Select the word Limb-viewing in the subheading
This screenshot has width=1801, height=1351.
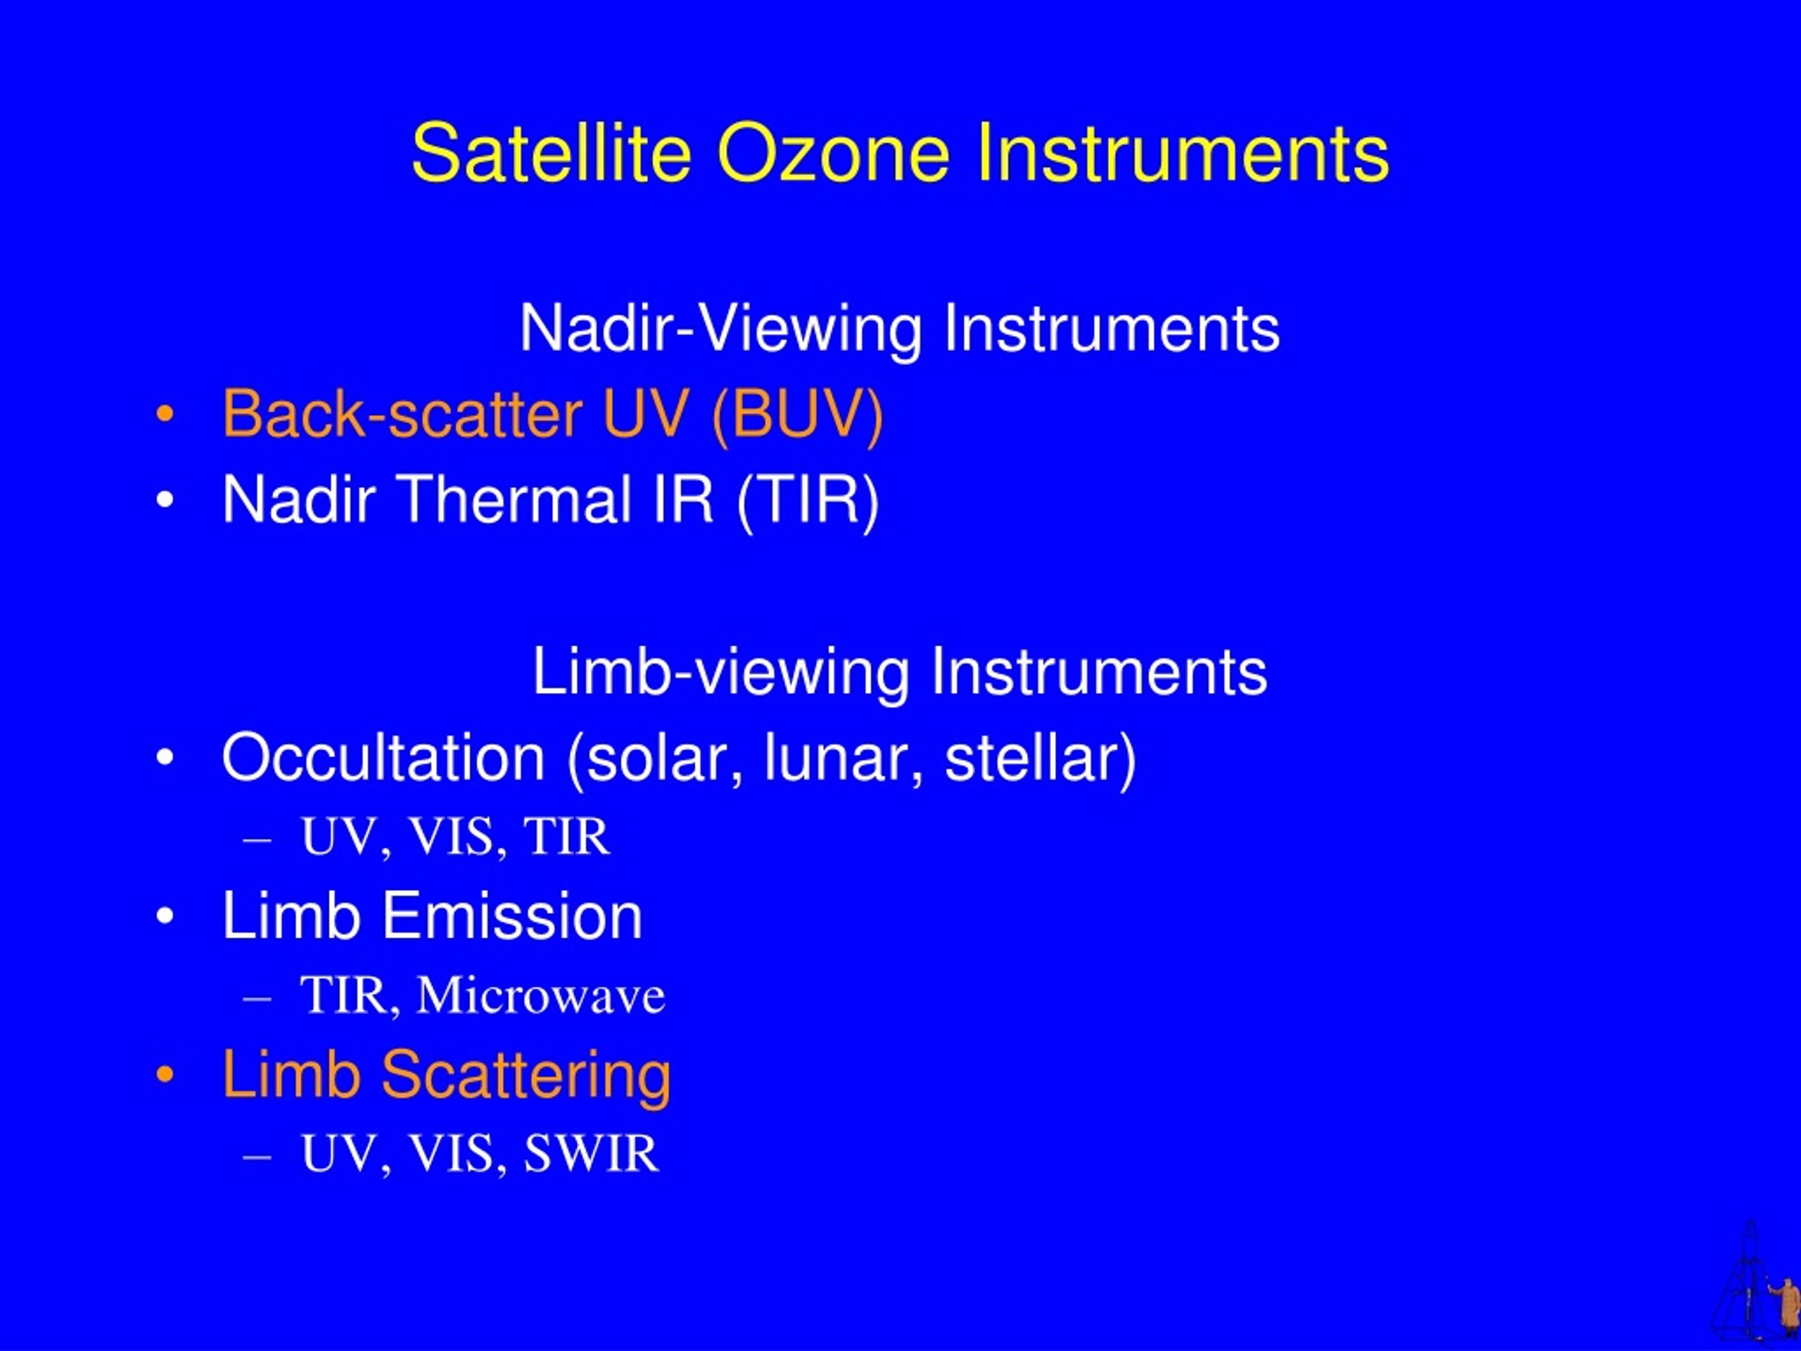(x=720, y=673)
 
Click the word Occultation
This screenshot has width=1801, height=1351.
(x=383, y=758)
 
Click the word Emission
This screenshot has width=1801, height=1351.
(x=512, y=916)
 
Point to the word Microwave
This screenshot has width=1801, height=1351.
(x=540, y=995)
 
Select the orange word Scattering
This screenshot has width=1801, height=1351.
(x=526, y=1077)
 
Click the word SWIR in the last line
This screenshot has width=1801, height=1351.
(x=590, y=1154)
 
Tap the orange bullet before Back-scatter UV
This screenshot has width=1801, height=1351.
(x=165, y=415)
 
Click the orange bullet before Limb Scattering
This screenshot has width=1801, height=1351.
(x=165, y=1075)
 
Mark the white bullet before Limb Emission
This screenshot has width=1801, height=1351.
(x=165, y=916)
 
